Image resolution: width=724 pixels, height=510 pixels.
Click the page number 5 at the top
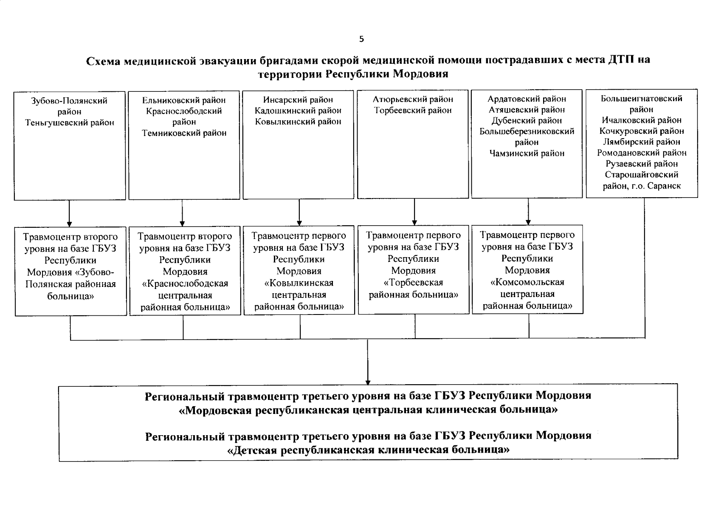(361, 40)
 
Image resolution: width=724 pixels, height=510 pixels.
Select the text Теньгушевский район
(70, 123)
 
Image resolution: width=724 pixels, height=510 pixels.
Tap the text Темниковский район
(184, 133)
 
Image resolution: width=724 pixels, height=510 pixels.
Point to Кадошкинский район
(298, 110)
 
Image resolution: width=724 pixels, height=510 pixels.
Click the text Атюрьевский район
(413, 99)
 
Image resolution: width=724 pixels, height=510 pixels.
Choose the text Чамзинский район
(527, 153)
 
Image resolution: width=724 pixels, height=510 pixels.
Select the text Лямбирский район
(642, 142)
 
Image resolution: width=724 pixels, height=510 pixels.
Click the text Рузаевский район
(642, 164)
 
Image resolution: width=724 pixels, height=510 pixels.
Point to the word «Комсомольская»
(527, 282)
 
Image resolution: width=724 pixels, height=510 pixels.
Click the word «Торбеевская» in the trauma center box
(413, 283)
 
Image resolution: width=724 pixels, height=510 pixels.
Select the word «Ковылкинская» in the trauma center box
(299, 283)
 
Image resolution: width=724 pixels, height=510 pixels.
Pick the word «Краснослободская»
(185, 283)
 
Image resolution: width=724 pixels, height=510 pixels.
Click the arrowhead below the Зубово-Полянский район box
(70, 224)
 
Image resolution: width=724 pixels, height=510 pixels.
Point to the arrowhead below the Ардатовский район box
(528, 222)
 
